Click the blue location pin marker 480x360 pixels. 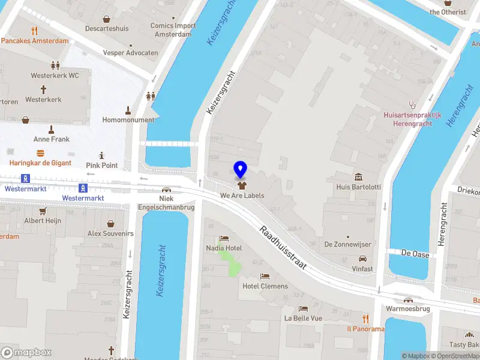pos(241,170)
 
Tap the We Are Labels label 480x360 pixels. pos(242,196)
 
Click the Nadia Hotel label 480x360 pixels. pos(224,248)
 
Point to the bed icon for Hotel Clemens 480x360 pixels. pos(265,276)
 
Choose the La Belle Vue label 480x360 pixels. pos(303,318)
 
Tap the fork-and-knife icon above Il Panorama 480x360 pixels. pos(365,319)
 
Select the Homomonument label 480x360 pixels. pos(128,120)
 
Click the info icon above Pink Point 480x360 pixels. pos(101,155)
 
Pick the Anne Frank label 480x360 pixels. pos(51,139)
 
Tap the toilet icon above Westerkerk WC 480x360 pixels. pos(55,65)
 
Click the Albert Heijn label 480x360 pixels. pos(43,221)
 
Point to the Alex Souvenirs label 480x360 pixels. pos(110,233)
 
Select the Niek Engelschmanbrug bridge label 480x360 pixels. pos(166,203)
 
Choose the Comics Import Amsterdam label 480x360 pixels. pos(173,30)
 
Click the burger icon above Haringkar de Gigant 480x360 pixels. pos(40,153)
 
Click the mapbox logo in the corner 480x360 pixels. pos(26,353)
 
